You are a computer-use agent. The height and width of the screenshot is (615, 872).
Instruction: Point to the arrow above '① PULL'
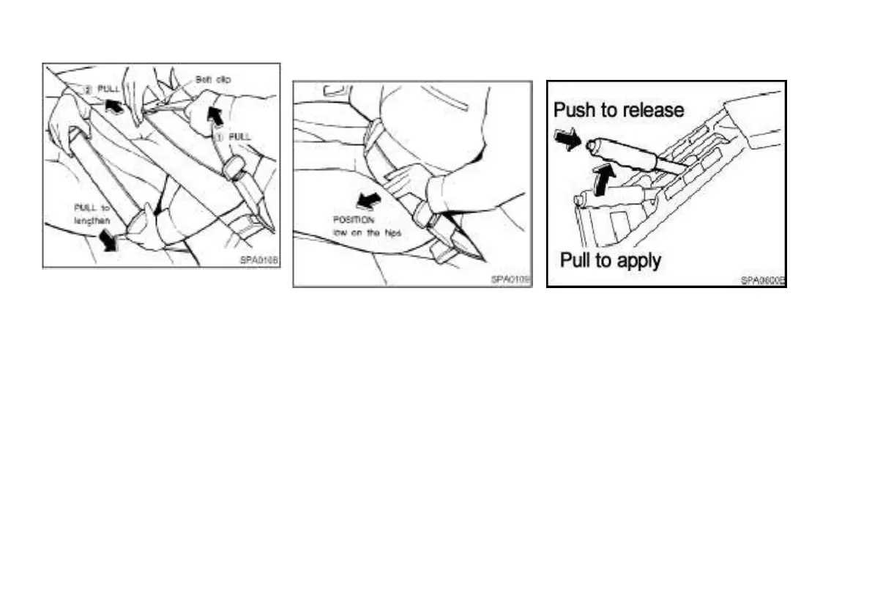click(215, 113)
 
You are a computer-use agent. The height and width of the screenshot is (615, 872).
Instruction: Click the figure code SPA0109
click(510, 279)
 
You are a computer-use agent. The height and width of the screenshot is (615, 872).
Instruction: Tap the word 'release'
click(653, 111)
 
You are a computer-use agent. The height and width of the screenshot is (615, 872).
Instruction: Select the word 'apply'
click(637, 260)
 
